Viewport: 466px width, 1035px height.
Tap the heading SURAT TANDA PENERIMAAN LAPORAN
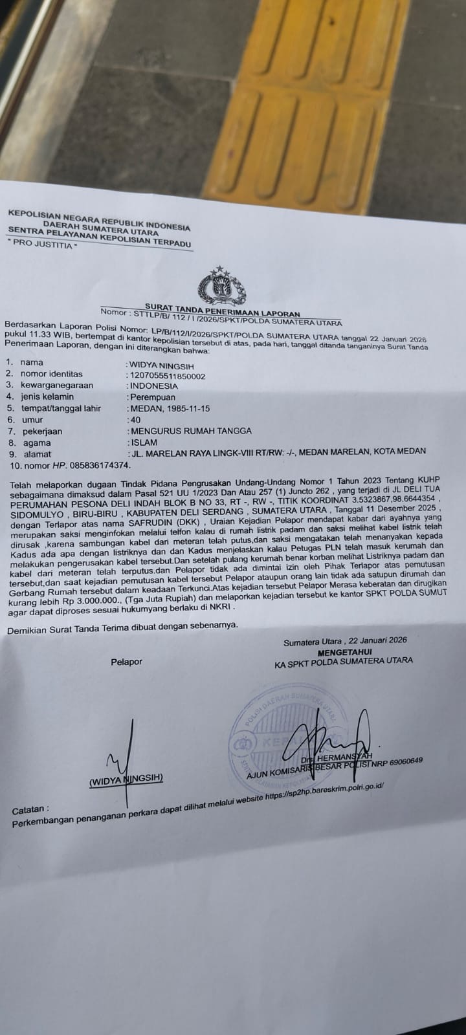click(x=222, y=308)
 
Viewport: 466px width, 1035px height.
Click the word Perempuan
click(x=152, y=397)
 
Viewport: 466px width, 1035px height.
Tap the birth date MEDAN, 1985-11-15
click(x=169, y=409)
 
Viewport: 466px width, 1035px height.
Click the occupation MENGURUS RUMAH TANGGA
click(x=190, y=431)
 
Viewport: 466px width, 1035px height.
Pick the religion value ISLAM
click(x=144, y=442)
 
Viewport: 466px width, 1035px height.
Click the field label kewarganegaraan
click(x=56, y=385)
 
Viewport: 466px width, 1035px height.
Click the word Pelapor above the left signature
click(x=126, y=661)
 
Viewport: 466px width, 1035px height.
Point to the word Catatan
click(x=30, y=809)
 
